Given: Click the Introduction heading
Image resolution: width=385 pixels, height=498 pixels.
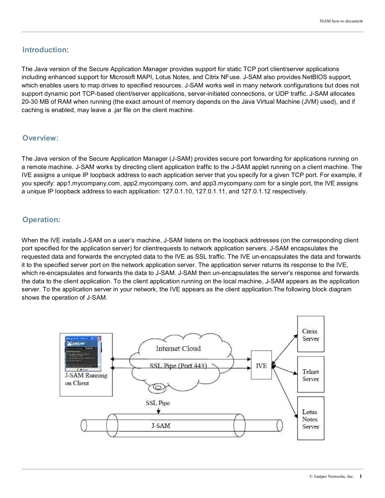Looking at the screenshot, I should [x=45, y=50].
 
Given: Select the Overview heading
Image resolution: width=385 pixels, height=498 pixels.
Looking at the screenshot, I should [x=40, y=138].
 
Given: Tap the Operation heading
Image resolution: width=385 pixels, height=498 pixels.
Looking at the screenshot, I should [x=41, y=220].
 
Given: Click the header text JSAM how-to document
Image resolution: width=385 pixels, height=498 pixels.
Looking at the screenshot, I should [x=341, y=21].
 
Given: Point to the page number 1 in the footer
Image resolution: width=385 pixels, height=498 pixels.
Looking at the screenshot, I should [x=361, y=476].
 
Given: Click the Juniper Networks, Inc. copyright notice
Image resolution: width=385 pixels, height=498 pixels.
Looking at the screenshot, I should [x=331, y=476].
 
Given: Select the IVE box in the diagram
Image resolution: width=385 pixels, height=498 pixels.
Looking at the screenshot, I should [x=261, y=365].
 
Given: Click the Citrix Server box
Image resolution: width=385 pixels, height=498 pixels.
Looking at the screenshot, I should [x=311, y=334].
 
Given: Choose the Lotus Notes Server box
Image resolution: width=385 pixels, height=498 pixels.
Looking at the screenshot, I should [x=311, y=418].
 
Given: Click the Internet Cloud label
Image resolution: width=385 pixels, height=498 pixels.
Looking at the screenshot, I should [x=178, y=348].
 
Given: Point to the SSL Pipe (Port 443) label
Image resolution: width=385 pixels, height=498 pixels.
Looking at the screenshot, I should [x=178, y=366].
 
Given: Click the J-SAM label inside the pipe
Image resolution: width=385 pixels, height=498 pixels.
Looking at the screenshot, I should [x=161, y=426].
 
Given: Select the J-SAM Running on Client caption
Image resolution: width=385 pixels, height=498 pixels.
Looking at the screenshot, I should [x=86, y=379].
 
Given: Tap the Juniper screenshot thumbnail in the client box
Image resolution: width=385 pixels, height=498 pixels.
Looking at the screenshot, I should [x=83, y=354].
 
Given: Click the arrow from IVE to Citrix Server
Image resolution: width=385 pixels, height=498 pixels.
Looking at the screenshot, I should [x=285, y=349].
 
